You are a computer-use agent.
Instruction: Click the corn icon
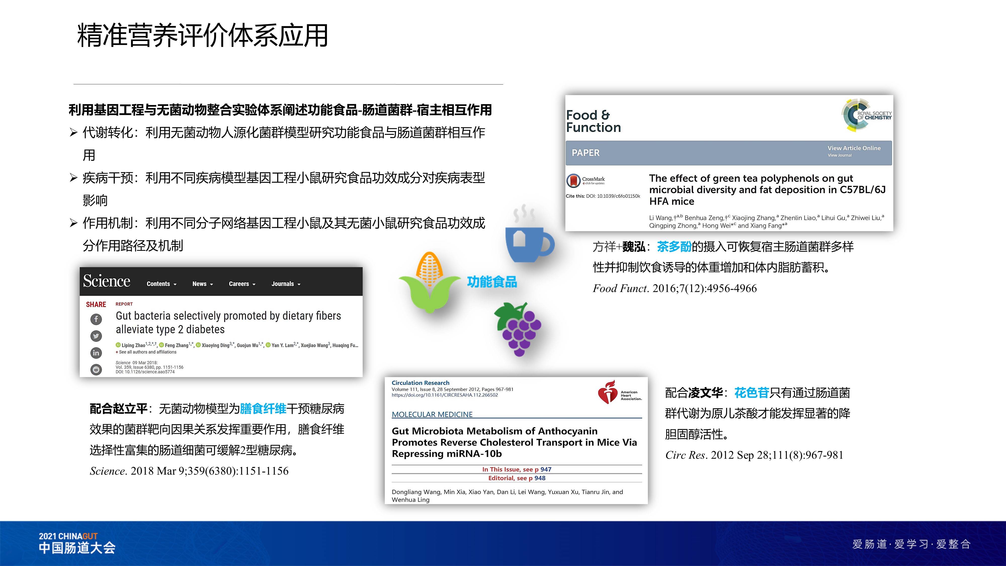(x=430, y=282)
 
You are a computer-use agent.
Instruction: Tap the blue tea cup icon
(x=527, y=240)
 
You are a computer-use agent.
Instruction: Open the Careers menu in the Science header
(x=242, y=284)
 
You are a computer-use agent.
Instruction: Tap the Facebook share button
(x=96, y=319)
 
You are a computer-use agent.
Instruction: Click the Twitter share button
(x=96, y=336)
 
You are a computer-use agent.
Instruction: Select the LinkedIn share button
(x=96, y=353)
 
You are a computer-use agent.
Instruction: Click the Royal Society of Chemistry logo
(x=866, y=115)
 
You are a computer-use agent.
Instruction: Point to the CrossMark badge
(x=585, y=180)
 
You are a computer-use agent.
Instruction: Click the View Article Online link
(x=854, y=148)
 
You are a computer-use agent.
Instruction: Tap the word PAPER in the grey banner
(x=585, y=153)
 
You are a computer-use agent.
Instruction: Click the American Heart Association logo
(x=619, y=393)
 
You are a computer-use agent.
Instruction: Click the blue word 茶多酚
(x=674, y=247)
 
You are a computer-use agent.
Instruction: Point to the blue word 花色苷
(x=751, y=393)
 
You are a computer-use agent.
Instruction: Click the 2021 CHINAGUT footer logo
(x=77, y=543)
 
